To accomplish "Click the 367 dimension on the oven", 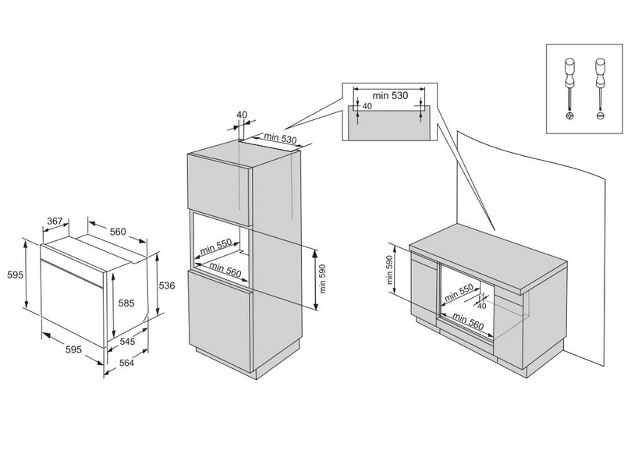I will click(x=54, y=222).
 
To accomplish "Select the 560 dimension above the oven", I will click(x=118, y=232).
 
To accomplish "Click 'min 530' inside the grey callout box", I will click(x=390, y=95).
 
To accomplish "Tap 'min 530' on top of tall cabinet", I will click(x=279, y=138).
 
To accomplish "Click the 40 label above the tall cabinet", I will click(x=242, y=115).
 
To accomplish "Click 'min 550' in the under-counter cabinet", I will click(x=459, y=294).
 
